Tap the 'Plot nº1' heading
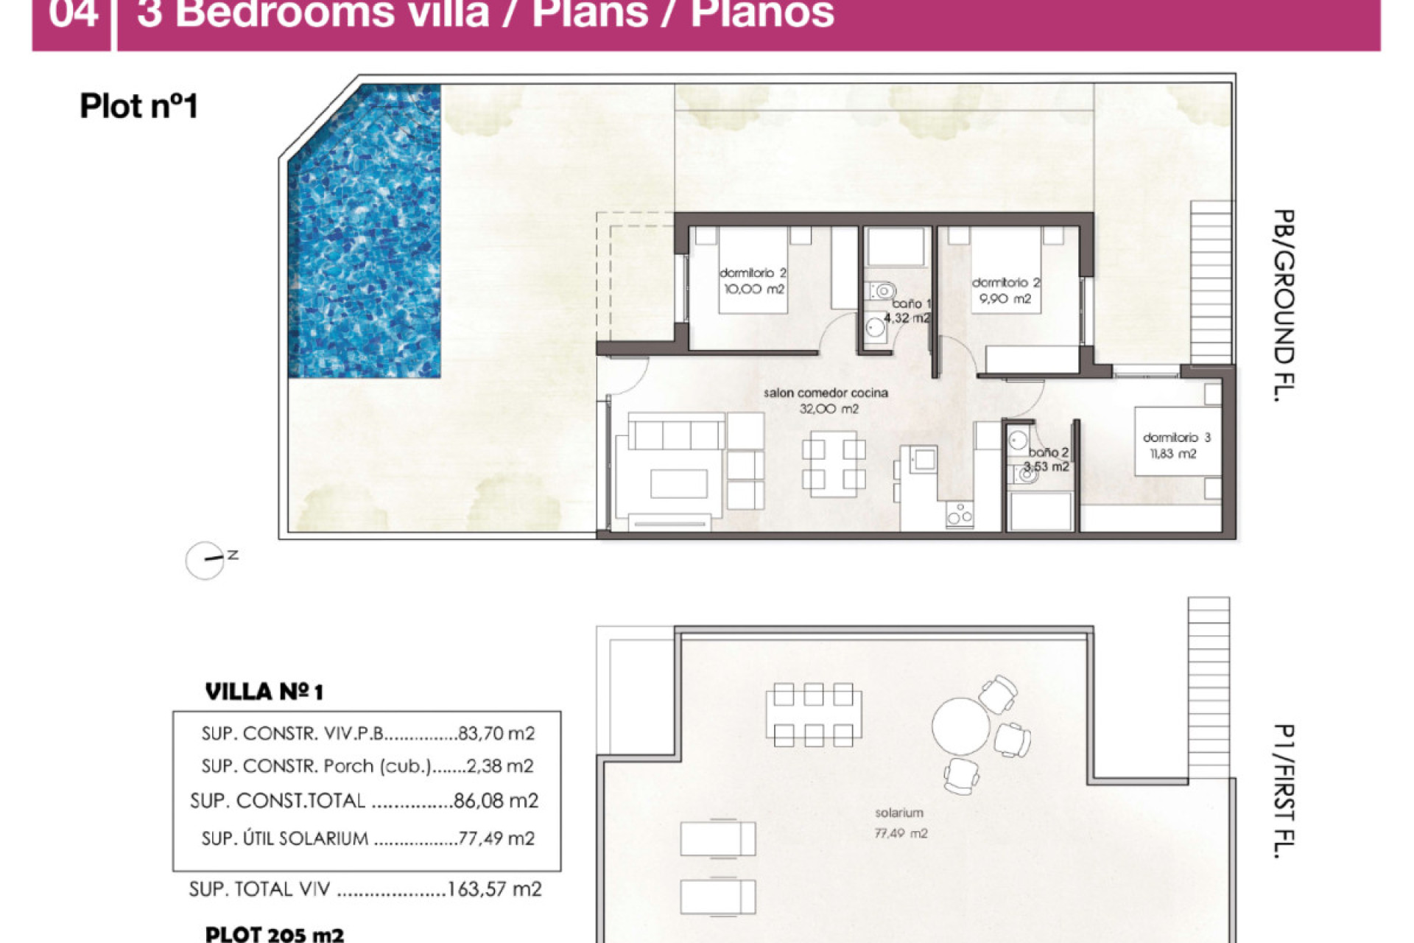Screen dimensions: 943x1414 [x=138, y=106]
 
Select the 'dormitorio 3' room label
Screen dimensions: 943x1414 [x=1176, y=438]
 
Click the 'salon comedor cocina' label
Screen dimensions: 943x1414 [x=826, y=393]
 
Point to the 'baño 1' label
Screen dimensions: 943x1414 [x=911, y=304]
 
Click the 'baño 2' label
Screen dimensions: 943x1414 [x=1048, y=452]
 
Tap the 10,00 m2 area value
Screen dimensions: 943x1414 [x=753, y=290]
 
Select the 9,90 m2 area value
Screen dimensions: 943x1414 [x=1005, y=299]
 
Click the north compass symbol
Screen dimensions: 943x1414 [x=205, y=561]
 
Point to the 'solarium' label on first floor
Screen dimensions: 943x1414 [x=898, y=813]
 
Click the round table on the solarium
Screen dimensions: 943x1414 [x=960, y=726]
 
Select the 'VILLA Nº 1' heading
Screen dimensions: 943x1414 [x=264, y=692]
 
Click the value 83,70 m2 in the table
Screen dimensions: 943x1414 [x=496, y=734]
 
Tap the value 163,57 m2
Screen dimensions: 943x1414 [x=494, y=889]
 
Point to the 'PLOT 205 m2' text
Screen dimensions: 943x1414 [x=274, y=934]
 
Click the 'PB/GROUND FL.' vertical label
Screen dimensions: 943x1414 [x=1284, y=305]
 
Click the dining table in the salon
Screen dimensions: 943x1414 [x=834, y=464]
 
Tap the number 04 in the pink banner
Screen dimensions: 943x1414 [x=73, y=15]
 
